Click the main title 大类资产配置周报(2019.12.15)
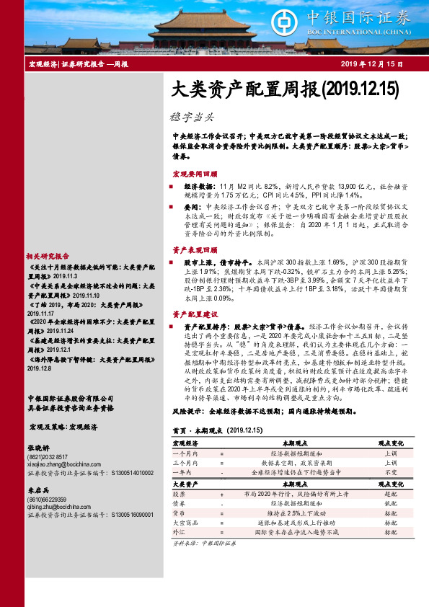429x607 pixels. pyautogui.click(x=286, y=89)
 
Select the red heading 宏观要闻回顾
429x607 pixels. pyautogui.click(x=195, y=175)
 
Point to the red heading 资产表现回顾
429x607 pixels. pyautogui.click(x=195, y=249)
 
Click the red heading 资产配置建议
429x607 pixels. pyautogui.click(x=195, y=315)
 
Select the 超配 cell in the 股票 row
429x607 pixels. pyautogui.click(x=391, y=495)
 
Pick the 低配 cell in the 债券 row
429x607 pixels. pyautogui.click(x=391, y=504)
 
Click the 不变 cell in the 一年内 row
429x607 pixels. pyautogui.click(x=391, y=471)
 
